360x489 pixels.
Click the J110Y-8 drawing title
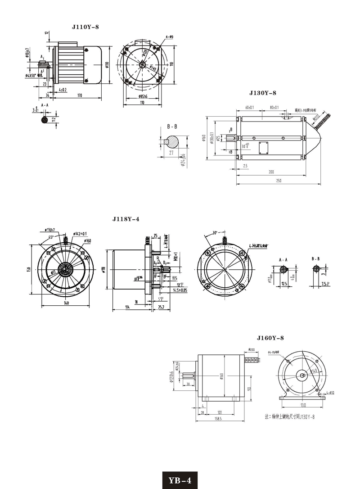[85, 27]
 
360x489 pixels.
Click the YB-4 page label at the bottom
[180, 480]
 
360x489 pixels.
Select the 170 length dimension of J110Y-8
[79, 95]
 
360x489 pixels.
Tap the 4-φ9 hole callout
[170, 36]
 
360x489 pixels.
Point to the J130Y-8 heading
[262, 93]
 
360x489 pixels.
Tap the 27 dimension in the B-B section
[171, 153]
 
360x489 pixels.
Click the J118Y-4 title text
[126, 219]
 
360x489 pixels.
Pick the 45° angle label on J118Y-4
[52, 237]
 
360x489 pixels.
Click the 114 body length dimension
[127, 307]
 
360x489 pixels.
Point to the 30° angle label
[215, 233]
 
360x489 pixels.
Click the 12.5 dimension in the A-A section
[283, 284]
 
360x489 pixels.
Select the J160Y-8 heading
[270, 338]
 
